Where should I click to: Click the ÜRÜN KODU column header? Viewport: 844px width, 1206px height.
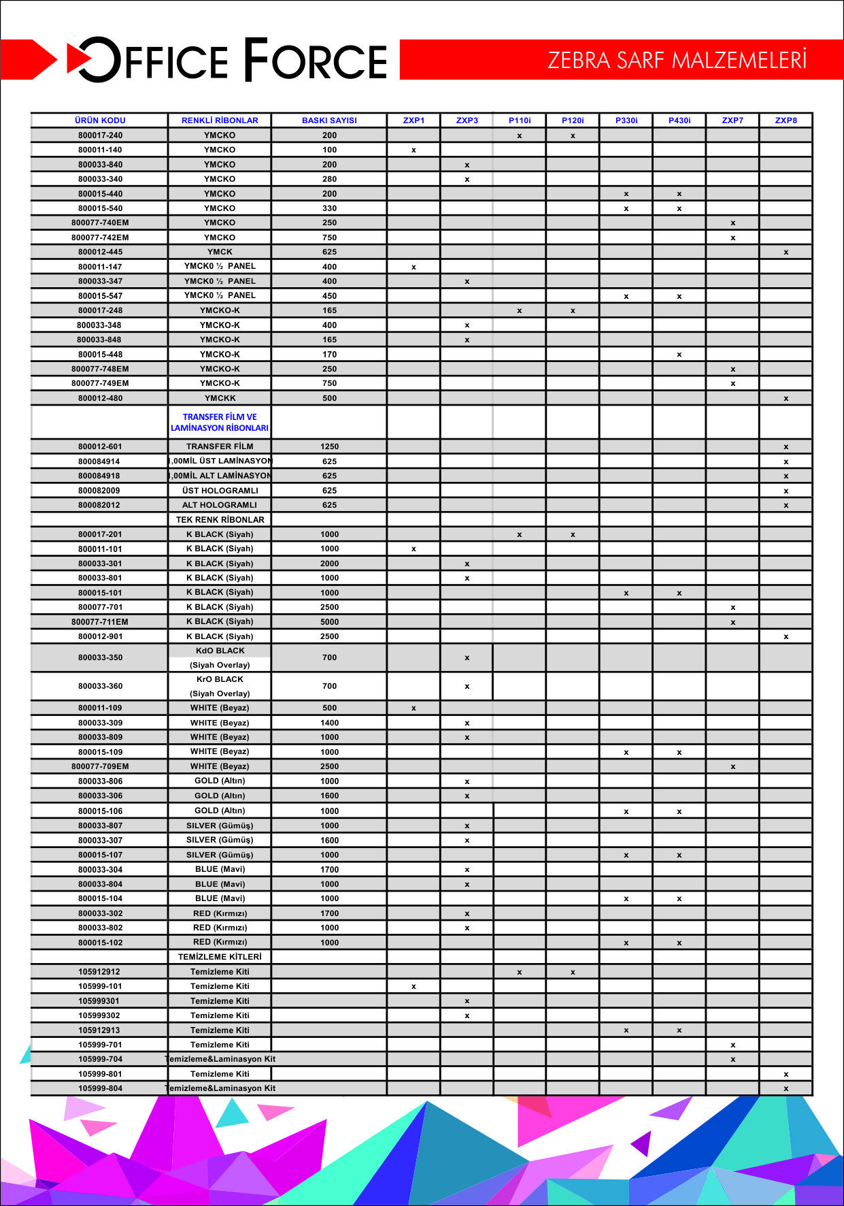[x=100, y=120]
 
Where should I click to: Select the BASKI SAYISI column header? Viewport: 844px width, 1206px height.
[x=329, y=120]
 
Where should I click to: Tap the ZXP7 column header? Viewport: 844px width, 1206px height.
[x=732, y=120]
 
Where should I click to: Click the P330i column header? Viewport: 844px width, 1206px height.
[x=626, y=120]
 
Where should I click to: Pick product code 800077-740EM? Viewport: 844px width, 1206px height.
[x=100, y=223]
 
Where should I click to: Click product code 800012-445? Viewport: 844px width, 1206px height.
[x=100, y=252]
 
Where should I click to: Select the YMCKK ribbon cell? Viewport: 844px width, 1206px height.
[x=220, y=398]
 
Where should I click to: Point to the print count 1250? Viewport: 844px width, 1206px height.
[x=329, y=446]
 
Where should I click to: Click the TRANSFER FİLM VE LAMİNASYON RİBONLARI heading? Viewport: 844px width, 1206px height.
[x=220, y=423]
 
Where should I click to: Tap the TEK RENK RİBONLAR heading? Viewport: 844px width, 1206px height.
[x=220, y=519]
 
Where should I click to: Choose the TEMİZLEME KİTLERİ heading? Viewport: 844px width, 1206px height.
[x=220, y=957]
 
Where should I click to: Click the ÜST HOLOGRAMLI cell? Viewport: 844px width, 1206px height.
[x=220, y=491]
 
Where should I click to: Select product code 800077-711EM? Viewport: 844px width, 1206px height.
[x=100, y=622]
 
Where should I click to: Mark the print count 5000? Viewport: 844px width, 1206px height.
[x=329, y=622]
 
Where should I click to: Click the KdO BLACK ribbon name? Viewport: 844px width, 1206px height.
[x=220, y=651]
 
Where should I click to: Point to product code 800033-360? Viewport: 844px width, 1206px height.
[x=100, y=686]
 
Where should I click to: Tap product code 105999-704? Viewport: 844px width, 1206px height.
[x=100, y=1059]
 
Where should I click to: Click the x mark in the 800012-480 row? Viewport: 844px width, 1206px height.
[x=786, y=399]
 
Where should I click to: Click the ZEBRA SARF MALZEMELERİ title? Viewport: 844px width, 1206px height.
[x=677, y=60]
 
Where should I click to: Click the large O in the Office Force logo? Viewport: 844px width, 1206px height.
[x=99, y=60]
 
